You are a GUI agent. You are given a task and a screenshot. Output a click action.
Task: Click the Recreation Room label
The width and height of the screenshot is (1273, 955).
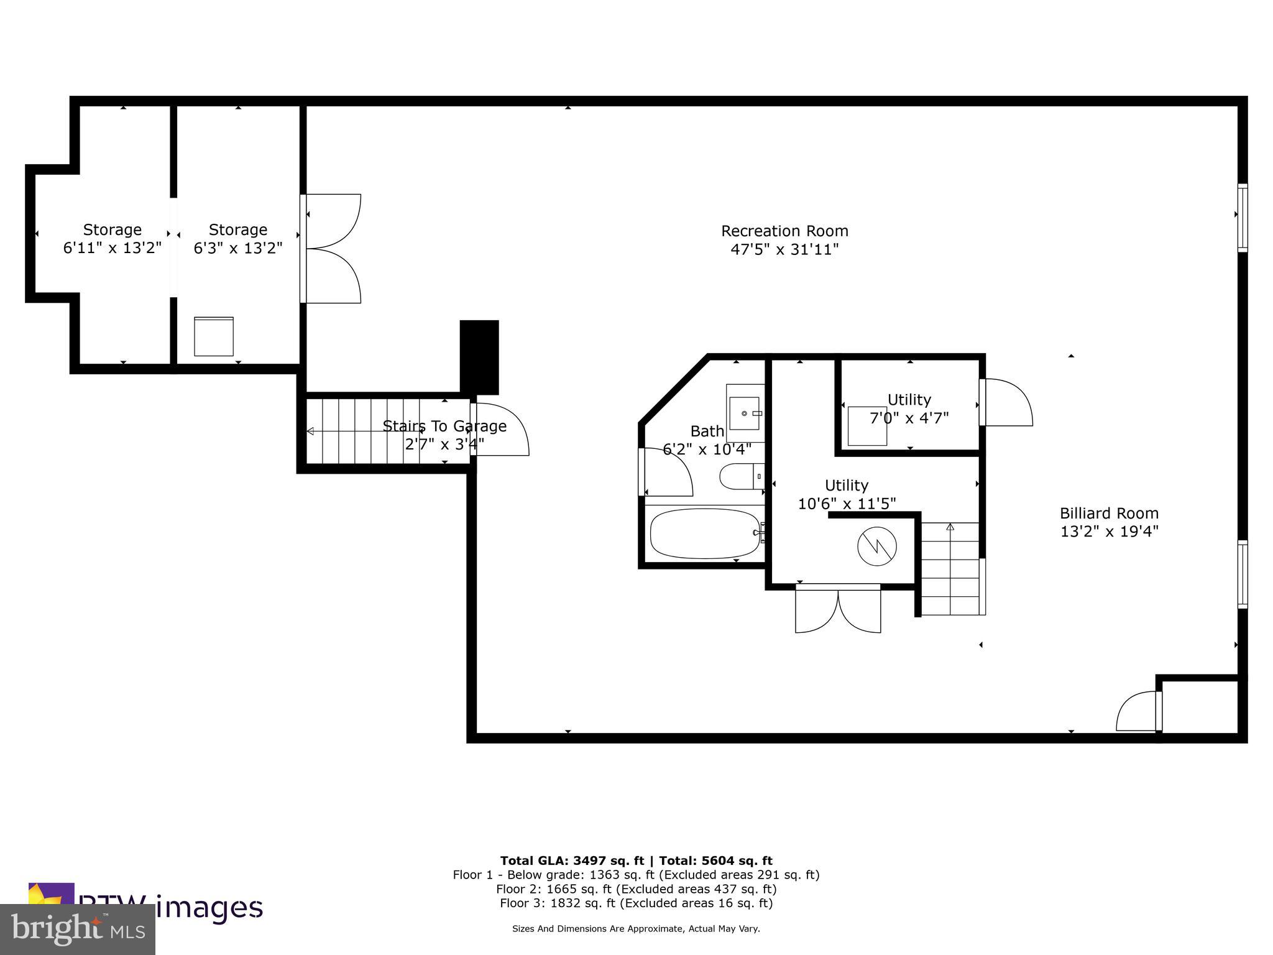pos(784,231)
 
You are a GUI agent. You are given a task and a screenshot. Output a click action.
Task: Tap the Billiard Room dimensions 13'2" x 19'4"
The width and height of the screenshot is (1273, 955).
pos(1109,532)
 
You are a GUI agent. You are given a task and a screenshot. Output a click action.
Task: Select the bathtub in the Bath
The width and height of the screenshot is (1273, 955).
pos(705,533)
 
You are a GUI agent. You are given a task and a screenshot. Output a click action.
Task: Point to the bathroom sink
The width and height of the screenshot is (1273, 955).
pos(744,413)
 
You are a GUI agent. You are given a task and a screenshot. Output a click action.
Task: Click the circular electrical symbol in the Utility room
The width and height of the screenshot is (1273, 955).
pos(876,547)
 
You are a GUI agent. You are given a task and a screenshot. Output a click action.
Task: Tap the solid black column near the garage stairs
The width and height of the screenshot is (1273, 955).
pos(479,356)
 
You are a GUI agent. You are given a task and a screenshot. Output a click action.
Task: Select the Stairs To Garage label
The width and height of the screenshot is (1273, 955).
pos(444,426)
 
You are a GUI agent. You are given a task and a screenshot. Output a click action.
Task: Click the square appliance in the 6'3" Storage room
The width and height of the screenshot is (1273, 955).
pos(213,336)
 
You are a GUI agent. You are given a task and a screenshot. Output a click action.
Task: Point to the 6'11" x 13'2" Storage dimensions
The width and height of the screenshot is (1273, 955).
pos(113,248)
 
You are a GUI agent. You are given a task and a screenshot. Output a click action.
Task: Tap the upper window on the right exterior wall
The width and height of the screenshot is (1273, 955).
pos(1242,218)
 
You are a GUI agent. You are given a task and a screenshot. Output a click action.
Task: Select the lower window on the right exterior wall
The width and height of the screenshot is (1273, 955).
pos(1242,574)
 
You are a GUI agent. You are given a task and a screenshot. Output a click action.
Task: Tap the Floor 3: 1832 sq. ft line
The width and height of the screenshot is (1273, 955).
pos(636,903)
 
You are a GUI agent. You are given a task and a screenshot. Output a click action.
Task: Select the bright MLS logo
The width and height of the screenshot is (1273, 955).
pos(78,928)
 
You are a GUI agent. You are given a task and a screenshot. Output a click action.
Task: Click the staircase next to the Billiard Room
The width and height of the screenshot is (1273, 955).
pos(950,569)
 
